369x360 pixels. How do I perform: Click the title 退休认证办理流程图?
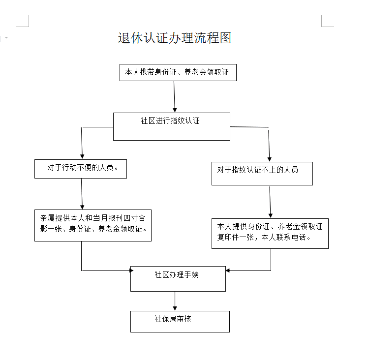pos(174,38)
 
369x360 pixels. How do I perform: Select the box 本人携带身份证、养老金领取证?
pos(178,72)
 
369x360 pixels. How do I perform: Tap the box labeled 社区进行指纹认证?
pos(172,126)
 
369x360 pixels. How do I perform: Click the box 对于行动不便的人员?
pos(81,169)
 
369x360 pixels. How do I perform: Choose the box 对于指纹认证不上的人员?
pos(262,174)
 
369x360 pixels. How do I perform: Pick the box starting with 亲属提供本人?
pos(92,225)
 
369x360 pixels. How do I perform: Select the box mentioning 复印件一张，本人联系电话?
pos(270,234)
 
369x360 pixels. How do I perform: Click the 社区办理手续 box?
pos(178,279)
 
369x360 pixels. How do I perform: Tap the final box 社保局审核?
pos(180,322)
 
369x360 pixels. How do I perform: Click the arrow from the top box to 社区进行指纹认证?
pos(174,97)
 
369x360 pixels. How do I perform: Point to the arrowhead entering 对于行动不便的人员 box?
pos(82,157)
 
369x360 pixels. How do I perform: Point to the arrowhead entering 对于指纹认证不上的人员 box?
pos(270,159)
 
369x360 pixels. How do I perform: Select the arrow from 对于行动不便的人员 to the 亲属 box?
pos(82,194)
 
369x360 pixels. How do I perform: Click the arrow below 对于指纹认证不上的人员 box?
pos(270,202)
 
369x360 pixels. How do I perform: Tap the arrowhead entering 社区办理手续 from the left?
pos(131,270)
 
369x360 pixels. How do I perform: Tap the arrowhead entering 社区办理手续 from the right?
pos(228,270)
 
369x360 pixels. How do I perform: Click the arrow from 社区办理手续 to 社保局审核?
pos(175,301)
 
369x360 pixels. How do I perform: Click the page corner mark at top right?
pos(328,21)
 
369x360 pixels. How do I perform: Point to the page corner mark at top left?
pos(23,21)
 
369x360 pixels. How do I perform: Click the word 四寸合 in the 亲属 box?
pos(134,218)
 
